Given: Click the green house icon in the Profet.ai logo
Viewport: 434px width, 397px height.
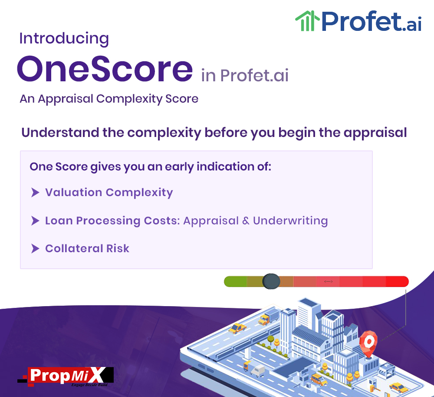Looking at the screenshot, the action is pyautogui.click(x=307, y=21).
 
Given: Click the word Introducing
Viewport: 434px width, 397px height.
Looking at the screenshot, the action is pyautogui.click(x=64, y=39).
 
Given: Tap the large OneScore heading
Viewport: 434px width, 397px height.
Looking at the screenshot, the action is pyautogui.click(x=105, y=69).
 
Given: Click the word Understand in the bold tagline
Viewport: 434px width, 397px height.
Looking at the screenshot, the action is pyautogui.click(x=60, y=133).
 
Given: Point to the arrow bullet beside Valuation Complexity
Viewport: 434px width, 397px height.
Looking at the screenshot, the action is pyautogui.click(x=35, y=192).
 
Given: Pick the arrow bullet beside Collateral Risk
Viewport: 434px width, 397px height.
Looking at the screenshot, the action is pyautogui.click(x=35, y=248).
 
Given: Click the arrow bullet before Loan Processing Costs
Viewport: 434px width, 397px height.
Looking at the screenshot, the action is pyautogui.click(x=35, y=221).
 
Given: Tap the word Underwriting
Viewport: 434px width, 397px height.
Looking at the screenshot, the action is pyautogui.click(x=290, y=221).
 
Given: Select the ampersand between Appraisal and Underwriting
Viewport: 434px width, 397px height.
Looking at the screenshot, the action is pyautogui.click(x=246, y=221).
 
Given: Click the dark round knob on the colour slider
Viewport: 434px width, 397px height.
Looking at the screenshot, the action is pyautogui.click(x=271, y=281).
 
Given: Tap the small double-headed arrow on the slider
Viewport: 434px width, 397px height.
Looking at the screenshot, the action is pyautogui.click(x=328, y=282).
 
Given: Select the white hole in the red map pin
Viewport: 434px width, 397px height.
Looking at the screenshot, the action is pyautogui.click(x=368, y=341).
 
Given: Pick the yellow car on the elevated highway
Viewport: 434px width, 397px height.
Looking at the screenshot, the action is pyautogui.click(x=237, y=328).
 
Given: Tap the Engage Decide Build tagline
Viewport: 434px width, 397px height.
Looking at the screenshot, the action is pyautogui.click(x=89, y=385).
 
